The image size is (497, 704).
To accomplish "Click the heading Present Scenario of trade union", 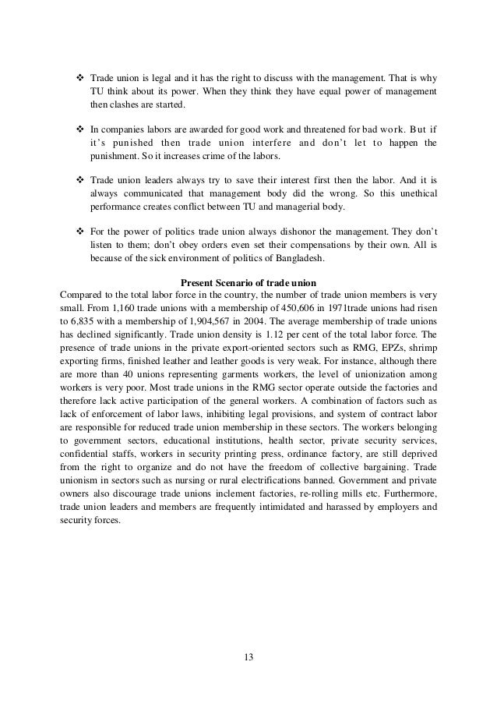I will [247, 281].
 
